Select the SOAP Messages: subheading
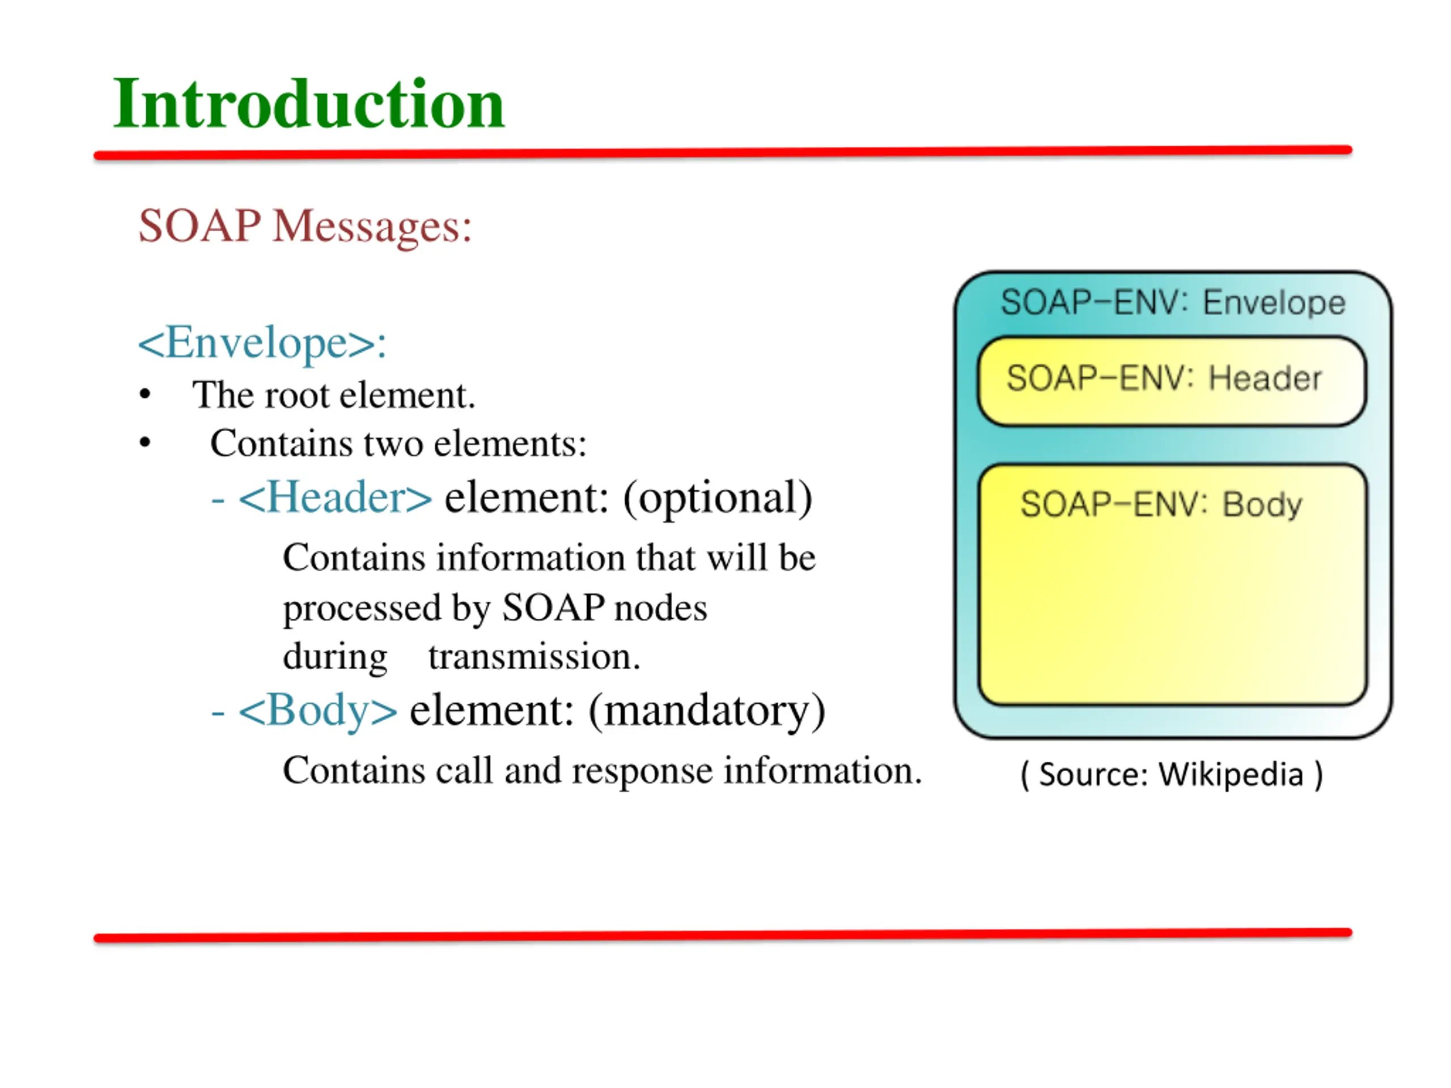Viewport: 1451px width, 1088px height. [x=305, y=226]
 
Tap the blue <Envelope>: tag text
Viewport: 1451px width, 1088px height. [x=262, y=342]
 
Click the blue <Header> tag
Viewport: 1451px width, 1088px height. [x=335, y=498]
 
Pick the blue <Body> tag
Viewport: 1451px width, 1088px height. [x=318, y=710]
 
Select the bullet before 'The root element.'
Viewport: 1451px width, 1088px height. [x=145, y=395]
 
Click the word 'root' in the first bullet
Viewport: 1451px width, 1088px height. [x=297, y=396]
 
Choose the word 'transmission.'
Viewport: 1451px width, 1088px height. [x=534, y=656]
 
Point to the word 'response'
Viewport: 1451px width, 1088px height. [x=642, y=771]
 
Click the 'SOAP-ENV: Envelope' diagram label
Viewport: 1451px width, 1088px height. [x=1173, y=303]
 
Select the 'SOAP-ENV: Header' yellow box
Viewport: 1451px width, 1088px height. [x=1172, y=381]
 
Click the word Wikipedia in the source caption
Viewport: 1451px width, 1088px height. [x=1231, y=775]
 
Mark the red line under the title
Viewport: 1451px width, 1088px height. [x=722, y=153]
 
